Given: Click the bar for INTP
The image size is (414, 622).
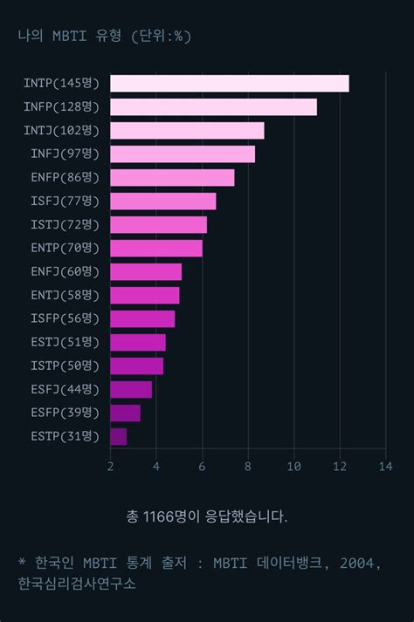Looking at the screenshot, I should click(x=230, y=84).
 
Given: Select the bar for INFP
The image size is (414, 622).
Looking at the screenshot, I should click(x=213, y=107).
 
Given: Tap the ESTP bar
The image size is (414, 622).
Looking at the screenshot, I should click(x=119, y=436).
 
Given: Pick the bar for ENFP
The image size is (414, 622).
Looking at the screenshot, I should click(x=172, y=178).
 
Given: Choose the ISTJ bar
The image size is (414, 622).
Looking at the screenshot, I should click(x=158, y=225).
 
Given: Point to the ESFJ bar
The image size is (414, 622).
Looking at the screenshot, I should click(x=131, y=389).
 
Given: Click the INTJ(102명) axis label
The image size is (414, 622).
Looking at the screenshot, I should click(x=62, y=131).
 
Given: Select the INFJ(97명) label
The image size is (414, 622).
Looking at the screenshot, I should click(x=66, y=154).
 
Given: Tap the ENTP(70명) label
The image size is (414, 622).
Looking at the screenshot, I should click(x=66, y=249).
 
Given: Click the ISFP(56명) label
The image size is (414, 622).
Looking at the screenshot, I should click(x=66, y=318).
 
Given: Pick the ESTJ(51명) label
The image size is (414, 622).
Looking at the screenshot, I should click(x=66, y=342).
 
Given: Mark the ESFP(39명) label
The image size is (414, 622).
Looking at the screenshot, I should click(x=66, y=413).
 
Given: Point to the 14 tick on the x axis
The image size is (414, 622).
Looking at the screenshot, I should click(x=385, y=466).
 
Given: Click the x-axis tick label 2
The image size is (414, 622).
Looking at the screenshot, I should click(x=111, y=466).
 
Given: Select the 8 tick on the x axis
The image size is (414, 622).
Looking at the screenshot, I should click(x=248, y=466).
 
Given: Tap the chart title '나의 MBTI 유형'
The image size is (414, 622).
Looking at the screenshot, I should click(x=69, y=36).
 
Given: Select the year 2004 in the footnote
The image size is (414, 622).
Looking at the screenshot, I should click(x=357, y=564).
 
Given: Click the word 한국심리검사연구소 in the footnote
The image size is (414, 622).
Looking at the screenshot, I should click(x=77, y=584).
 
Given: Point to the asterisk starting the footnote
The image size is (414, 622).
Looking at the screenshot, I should click(x=22, y=564).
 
